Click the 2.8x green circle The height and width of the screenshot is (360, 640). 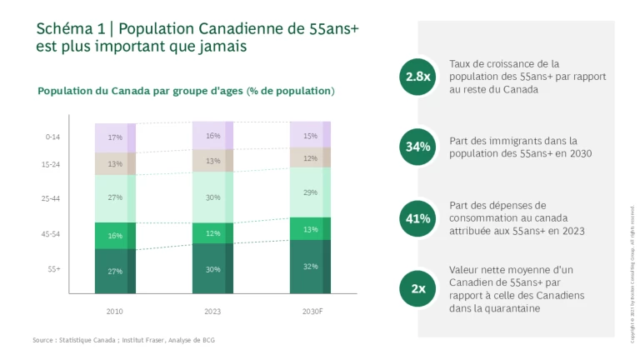418,77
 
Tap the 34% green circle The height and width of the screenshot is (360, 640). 418,147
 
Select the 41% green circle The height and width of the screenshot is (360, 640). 418,218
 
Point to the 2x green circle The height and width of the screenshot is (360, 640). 418,289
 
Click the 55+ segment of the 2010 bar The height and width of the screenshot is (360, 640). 115,271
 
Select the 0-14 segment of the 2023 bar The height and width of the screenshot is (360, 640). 212,136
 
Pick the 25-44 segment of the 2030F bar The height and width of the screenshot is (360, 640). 310,192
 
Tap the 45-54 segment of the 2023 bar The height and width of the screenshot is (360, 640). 212,233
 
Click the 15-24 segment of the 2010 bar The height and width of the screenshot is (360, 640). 115,164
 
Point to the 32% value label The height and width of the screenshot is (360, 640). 310,267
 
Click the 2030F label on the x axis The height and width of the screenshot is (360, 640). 310,311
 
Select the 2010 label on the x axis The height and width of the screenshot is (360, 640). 115,311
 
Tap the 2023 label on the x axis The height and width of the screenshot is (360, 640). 212,311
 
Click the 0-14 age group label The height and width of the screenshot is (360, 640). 52,137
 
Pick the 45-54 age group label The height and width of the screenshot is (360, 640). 52,235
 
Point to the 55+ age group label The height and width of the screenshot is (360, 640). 53,269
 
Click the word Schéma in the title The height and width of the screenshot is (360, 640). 62,29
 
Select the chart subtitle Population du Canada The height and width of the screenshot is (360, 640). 185,91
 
